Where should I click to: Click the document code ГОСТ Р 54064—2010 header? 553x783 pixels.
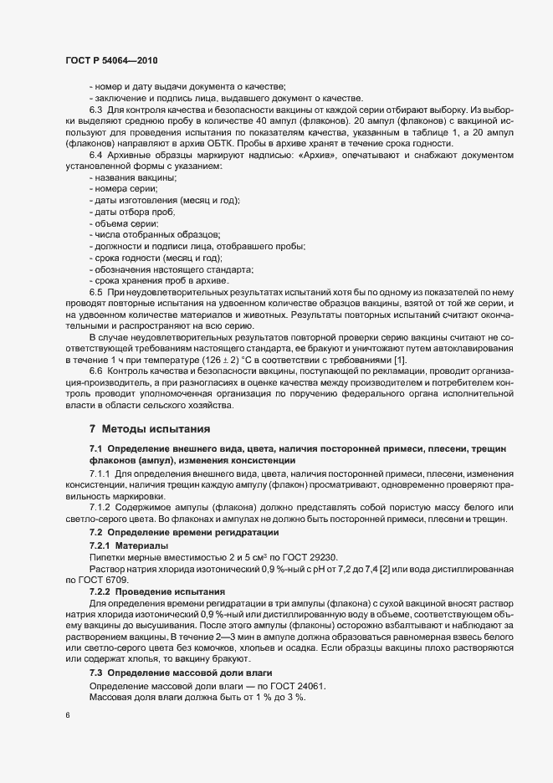(110, 60)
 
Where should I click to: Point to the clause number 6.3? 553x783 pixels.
(95, 109)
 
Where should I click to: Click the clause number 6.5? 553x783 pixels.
(95, 292)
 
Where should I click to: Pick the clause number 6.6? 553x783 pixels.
(95, 371)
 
